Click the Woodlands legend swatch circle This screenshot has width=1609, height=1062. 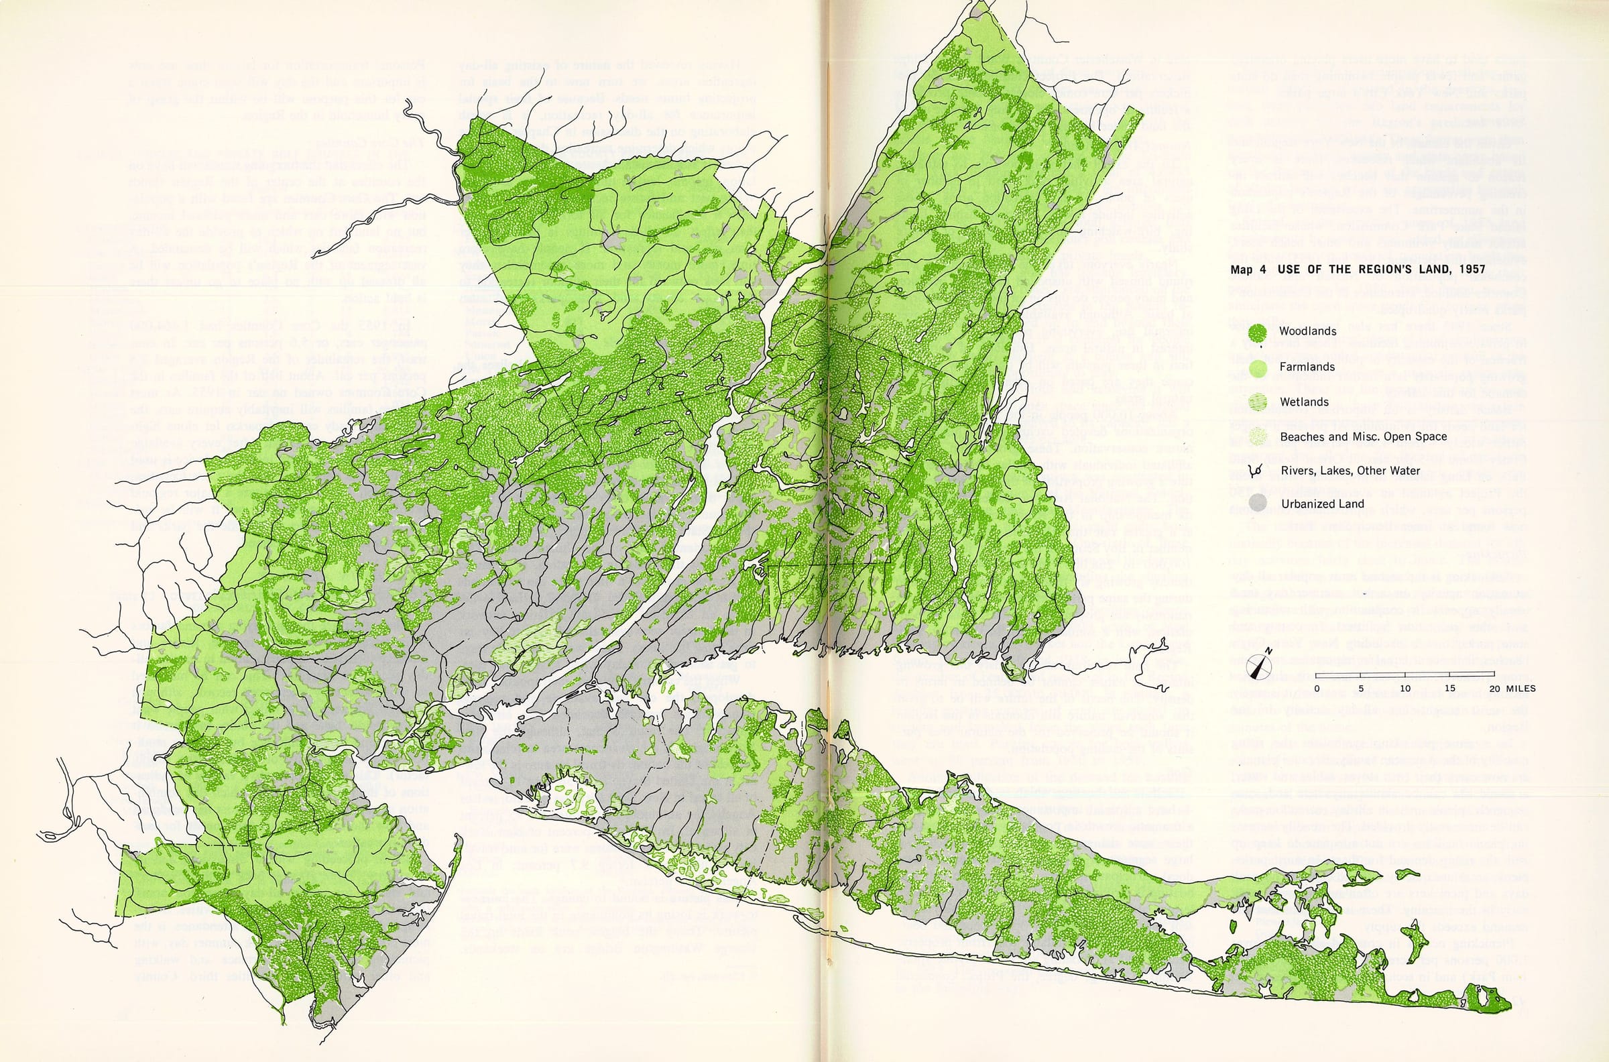coord(1258,332)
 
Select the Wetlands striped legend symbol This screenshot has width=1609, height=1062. coord(1258,402)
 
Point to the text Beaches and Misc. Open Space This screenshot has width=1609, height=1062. coord(1363,437)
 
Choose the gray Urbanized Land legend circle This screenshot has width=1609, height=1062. coord(1258,504)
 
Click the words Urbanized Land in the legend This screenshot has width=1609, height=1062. coord(1313,504)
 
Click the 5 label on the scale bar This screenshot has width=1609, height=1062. coord(1361,689)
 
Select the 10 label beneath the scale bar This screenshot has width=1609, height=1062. coord(1405,689)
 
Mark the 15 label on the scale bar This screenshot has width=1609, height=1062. coord(1450,689)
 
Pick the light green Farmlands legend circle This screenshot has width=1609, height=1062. coord(1258,367)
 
